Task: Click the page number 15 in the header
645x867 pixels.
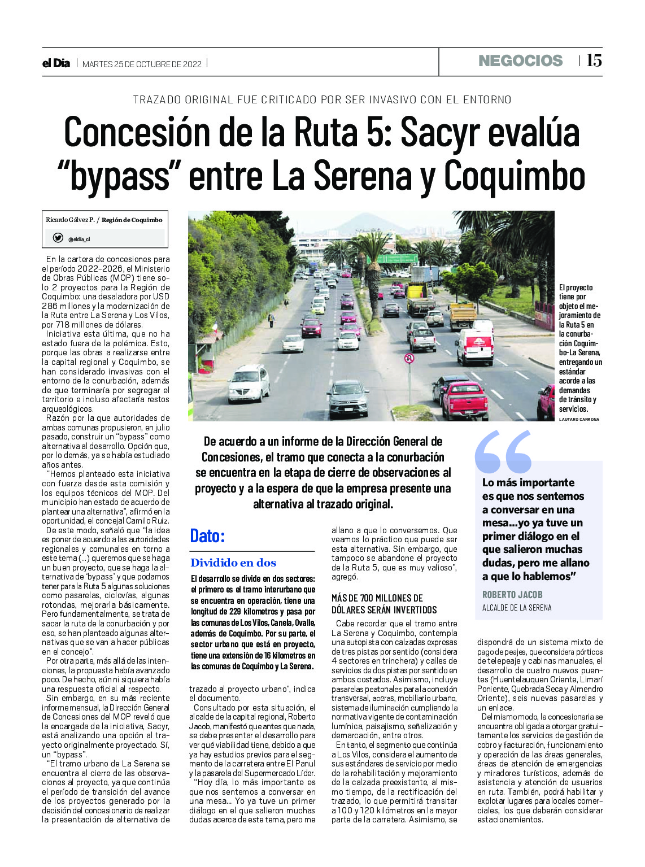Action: (x=594, y=60)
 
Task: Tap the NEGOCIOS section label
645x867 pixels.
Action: (x=520, y=61)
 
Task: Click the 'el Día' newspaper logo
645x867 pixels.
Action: (x=56, y=63)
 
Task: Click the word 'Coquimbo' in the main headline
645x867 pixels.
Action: (x=514, y=176)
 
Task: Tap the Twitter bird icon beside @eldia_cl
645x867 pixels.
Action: (x=58, y=238)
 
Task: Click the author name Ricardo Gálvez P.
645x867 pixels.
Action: (x=70, y=220)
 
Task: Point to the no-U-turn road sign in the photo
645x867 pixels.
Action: (x=409, y=358)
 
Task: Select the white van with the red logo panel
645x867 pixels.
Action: (x=474, y=346)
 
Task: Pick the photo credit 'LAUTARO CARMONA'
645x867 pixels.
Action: (x=579, y=419)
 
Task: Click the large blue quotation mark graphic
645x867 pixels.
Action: (x=503, y=452)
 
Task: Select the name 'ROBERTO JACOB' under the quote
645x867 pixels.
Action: (x=512, y=594)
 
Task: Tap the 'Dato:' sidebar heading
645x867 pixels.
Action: (x=207, y=535)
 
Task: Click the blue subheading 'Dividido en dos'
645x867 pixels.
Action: (x=233, y=563)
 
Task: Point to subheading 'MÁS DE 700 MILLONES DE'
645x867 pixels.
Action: (x=377, y=598)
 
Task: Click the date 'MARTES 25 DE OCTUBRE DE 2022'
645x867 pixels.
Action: (x=142, y=64)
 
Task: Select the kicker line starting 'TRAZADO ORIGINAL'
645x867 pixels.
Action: (x=322, y=99)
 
